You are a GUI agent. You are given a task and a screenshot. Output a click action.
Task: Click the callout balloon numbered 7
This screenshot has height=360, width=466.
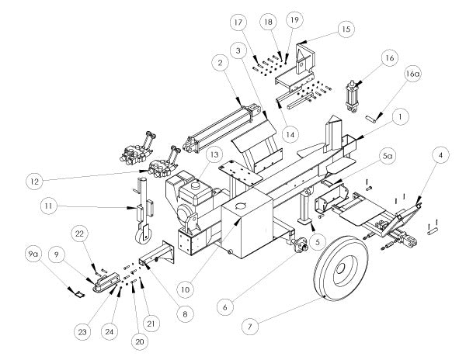[249, 327]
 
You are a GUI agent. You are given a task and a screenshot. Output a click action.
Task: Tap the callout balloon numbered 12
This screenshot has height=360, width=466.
[35, 182]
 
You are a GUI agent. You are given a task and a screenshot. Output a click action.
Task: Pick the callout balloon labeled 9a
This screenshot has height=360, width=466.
[33, 254]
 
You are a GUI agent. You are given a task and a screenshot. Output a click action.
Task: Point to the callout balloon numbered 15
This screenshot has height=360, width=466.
[346, 29]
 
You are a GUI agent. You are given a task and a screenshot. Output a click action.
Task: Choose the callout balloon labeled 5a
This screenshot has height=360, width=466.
[387, 157]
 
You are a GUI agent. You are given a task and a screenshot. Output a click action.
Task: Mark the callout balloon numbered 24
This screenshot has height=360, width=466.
[110, 331]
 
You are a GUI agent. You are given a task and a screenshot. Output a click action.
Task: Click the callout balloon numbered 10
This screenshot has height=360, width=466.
[185, 289]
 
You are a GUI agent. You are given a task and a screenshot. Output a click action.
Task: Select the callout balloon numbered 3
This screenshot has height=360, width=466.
[238, 50]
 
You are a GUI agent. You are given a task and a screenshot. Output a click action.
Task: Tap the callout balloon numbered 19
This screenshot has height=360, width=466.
[294, 20]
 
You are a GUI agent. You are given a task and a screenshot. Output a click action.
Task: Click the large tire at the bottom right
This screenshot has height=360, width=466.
[341, 269]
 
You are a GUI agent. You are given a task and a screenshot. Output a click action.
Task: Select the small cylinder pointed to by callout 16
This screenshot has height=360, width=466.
[352, 97]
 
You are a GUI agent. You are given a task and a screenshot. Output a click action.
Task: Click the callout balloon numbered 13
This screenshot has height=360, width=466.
[214, 154]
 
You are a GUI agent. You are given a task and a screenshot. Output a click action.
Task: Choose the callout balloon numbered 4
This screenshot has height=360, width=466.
[440, 155]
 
